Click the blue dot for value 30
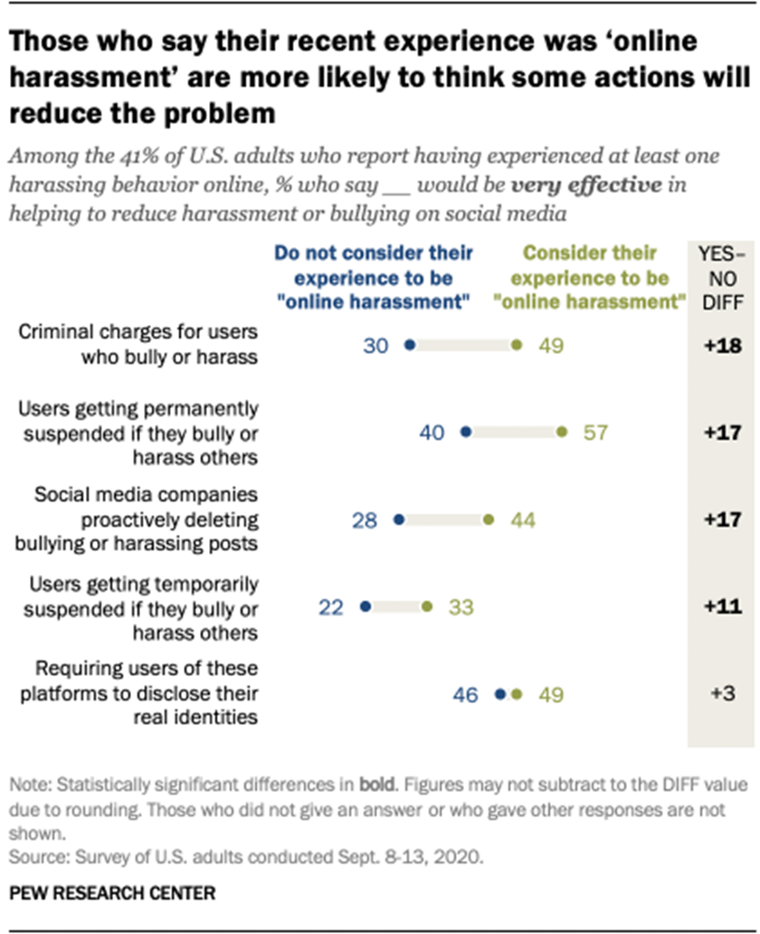(409, 345)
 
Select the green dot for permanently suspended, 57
(562, 433)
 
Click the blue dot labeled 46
(499, 694)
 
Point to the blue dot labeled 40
(466, 433)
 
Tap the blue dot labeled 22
(366, 607)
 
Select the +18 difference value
(724, 345)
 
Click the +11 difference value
(724, 607)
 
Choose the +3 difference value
(724, 694)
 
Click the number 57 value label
(594, 433)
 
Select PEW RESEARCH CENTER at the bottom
(113, 893)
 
